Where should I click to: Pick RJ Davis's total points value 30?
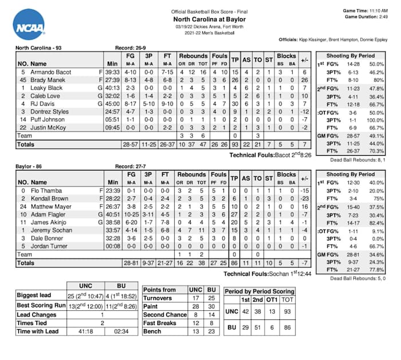point(235,104)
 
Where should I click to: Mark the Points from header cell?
point(160,290)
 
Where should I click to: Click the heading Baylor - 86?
point(34,167)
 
